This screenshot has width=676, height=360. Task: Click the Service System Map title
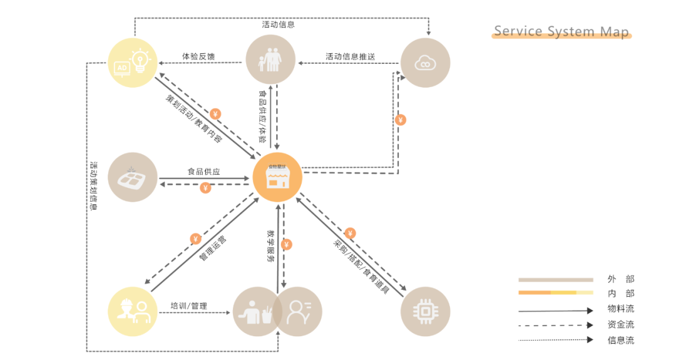[561, 31]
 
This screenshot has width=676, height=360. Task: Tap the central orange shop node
[277, 178]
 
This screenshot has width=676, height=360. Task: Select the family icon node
[270, 59]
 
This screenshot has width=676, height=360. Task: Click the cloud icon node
[425, 63]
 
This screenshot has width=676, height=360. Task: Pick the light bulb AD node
[132, 63]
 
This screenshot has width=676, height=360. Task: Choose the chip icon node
[425, 311]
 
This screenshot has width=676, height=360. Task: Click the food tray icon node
[132, 178]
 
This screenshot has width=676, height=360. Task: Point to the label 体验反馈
[198, 56]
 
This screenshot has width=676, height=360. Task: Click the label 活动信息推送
[350, 56]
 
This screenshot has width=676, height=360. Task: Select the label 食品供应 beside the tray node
[204, 171]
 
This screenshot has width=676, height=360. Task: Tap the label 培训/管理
[188, 306]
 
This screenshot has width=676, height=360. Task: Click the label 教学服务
[271, 246]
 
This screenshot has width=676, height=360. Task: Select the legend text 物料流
[620, 309]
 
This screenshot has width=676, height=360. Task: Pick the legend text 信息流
[620, 340]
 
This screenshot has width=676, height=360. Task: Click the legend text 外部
[620, 279]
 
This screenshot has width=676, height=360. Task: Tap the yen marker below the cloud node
[401, 120]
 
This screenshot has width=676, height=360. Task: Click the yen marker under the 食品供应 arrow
[205, 187]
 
